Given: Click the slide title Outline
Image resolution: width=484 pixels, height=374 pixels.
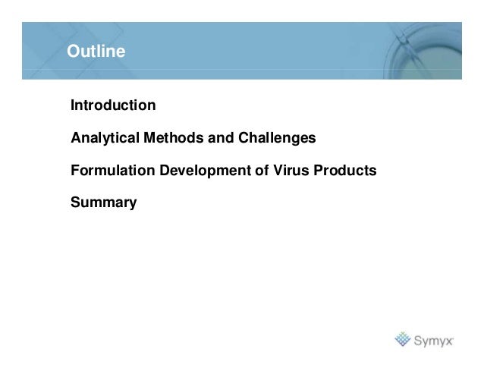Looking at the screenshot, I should (x=96, y=52).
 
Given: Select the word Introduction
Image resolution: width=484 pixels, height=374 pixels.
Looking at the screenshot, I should (x=113, y=105).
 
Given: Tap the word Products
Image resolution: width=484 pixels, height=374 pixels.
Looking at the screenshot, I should (x=345, y=171).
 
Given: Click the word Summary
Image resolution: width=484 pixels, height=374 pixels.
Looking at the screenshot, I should (x=103, y=203).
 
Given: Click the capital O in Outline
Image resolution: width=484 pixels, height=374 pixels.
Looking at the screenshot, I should (x=73, y=52).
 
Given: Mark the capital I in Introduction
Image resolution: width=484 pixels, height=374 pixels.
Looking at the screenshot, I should (x=73, y=105).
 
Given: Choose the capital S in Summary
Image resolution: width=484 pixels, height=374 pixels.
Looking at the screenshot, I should (x=75, y=203).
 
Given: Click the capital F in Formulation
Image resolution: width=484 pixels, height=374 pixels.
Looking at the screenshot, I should (x=74, y=171).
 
